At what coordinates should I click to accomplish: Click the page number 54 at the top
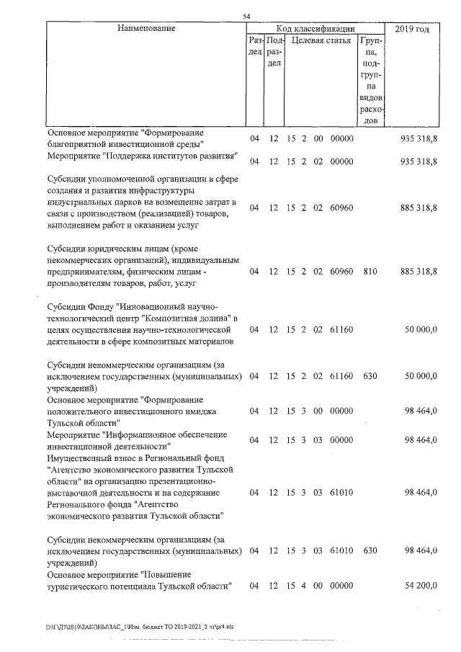(246, 16)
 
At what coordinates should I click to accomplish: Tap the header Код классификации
(314, 28)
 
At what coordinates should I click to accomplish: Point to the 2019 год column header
(413, 28)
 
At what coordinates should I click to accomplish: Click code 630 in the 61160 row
(371, 376)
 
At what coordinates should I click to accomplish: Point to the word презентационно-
(189, 481)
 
